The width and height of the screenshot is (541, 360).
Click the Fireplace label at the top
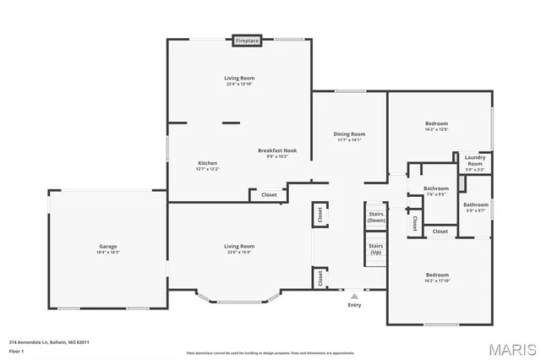tap(247, 40)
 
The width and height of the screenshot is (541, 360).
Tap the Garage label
tap(108, 246)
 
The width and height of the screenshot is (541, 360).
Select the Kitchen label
tap(208, 163)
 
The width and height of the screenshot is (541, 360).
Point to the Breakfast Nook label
tap(278, 150)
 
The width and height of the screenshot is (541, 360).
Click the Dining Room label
tap(349, 134)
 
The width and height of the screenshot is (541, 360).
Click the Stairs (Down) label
tap(376, 216)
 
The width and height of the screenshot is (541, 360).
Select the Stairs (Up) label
tap(376, 248)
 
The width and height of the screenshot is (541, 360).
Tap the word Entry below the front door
tap(353, 306)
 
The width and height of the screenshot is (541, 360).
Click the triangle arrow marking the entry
tap(354, 297)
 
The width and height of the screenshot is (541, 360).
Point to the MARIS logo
tap(507, 347)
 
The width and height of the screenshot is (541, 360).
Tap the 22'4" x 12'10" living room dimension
tap(239, 84)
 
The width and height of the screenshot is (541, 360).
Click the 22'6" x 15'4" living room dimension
tap(239, 252)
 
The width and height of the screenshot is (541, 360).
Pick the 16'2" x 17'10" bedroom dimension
tap(437, 281)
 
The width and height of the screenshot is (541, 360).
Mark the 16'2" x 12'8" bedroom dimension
tap(437, 129)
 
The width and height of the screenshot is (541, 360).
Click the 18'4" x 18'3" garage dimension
tap(108, 252)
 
